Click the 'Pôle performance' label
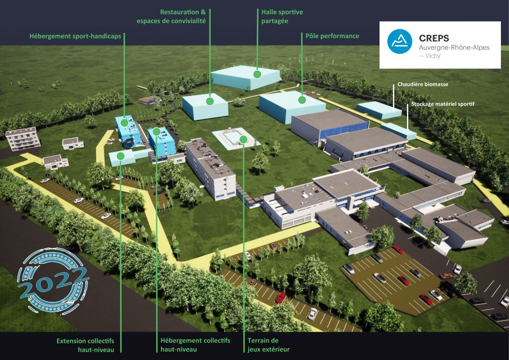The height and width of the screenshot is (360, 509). pos(332,36)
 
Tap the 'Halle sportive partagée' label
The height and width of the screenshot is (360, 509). pos(282,17)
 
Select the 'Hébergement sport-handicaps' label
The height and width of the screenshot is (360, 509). pos(75,36)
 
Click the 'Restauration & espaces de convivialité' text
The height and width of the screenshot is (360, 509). pos(171,17)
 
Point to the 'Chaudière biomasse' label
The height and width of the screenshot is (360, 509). pos(423,84)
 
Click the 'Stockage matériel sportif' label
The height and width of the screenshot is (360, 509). pos(443,104)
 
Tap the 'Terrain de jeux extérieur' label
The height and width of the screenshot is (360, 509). pos(268,345)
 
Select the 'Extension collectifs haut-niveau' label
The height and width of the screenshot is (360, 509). pos(85,346)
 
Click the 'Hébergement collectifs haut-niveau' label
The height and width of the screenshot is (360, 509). pos(196,345)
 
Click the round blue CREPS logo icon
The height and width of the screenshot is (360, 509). pos(400,41)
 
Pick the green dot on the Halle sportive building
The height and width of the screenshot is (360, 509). pos(257,74)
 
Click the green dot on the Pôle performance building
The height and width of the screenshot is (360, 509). pos(302,100)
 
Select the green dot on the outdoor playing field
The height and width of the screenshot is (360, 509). pos(243,139)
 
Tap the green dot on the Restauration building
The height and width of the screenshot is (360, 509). pos(210,101)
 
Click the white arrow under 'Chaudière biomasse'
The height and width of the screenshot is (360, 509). pos(393,99)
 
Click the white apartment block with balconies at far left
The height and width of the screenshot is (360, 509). pos(23,139)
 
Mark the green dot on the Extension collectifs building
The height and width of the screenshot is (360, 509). pos(121,156)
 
